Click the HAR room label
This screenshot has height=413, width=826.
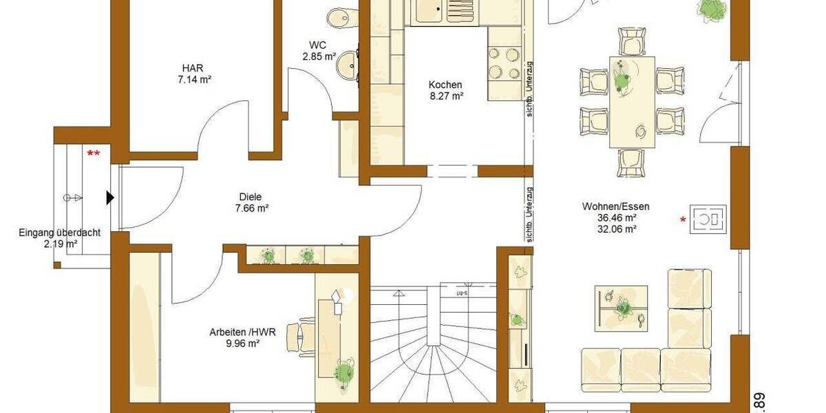coord(193,68)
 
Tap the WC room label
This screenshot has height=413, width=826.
coord(317,45)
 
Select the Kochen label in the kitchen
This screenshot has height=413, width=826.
coord(445,85)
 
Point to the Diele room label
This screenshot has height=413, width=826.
coord(251,196)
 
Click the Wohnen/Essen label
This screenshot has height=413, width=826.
coord(615,206)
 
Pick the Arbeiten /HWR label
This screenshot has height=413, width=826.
coord(243,332)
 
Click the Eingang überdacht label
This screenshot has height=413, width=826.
coord(59,233)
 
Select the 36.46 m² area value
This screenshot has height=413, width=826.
coord(616,218)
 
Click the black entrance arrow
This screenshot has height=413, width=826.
coord(109,198)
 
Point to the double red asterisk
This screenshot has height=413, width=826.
coord(93,153)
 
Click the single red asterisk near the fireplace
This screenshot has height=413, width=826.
coord(683,220)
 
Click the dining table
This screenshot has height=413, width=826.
coord(632,102)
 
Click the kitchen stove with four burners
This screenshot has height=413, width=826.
coord(504,63)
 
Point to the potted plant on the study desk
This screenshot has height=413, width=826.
coord(342,372)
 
